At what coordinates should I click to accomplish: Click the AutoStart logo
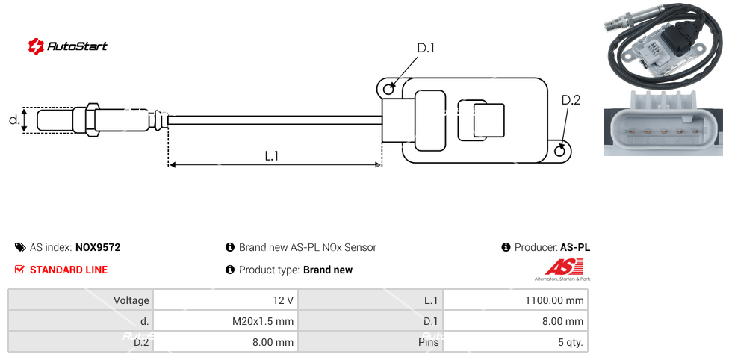click(68, 46)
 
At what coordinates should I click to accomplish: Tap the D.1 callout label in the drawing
click(425, 49)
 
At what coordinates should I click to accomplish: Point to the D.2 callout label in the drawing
click(571, 100)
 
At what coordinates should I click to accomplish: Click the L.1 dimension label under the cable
click(272, 155)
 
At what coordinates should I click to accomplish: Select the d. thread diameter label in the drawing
click(13, 120)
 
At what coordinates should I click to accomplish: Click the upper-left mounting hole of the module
click(388, 90)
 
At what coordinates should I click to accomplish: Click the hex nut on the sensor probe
click(93, 120)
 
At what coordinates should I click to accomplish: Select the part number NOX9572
click(98, 247)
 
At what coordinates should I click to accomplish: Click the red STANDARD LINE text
click(69, 270)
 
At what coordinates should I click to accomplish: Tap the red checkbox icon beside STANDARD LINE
click(20, 270)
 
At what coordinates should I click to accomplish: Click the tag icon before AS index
click(20, 247)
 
